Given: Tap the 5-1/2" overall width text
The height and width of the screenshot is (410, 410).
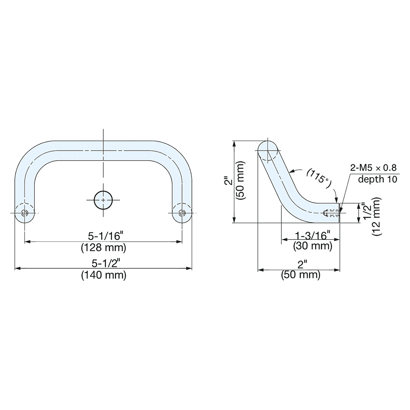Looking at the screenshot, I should point(103,262).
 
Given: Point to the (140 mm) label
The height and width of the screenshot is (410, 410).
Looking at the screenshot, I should point(103,275).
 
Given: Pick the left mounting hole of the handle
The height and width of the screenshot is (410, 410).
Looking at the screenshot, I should point(25,213).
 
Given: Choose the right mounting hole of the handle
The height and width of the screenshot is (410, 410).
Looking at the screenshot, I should point(182,213).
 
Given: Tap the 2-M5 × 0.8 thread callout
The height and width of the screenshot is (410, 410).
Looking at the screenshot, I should point(374,167).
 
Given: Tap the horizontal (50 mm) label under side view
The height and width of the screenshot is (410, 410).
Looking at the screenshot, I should point(301,275).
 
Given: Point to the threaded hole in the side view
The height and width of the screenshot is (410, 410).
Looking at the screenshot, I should point(331,213).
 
